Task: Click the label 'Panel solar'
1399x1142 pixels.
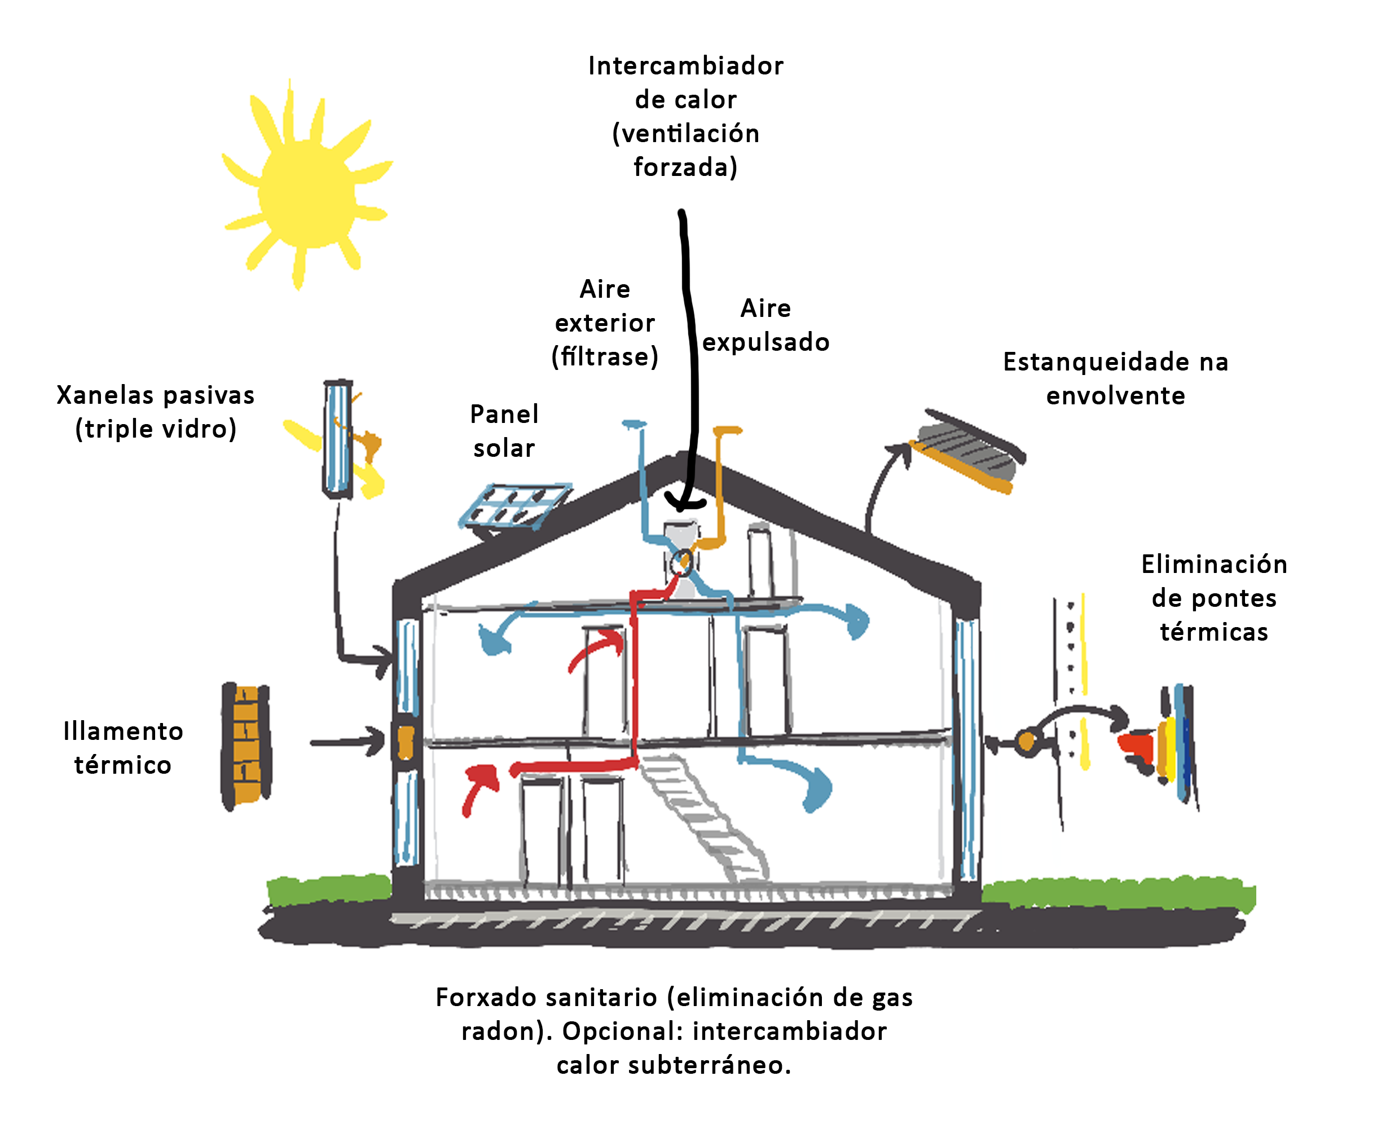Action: (x=504, y=431)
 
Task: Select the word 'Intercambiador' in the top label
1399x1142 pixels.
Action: (x=686, y=66)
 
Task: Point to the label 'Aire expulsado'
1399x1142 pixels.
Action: (x=766, y=325)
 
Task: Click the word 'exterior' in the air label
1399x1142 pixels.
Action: (x=605, y=323)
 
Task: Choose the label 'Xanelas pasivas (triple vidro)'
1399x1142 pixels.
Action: (x=156, y=412)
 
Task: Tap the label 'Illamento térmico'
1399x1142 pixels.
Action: (x=123, y=748)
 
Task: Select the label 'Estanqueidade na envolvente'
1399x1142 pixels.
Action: (x=1115, y=378)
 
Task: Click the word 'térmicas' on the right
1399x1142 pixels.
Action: (x=1214, y=632)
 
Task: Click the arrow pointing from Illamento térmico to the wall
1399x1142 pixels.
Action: (x=347, y=742)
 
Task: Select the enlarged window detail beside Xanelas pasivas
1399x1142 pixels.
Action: (x=338, y=439)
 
